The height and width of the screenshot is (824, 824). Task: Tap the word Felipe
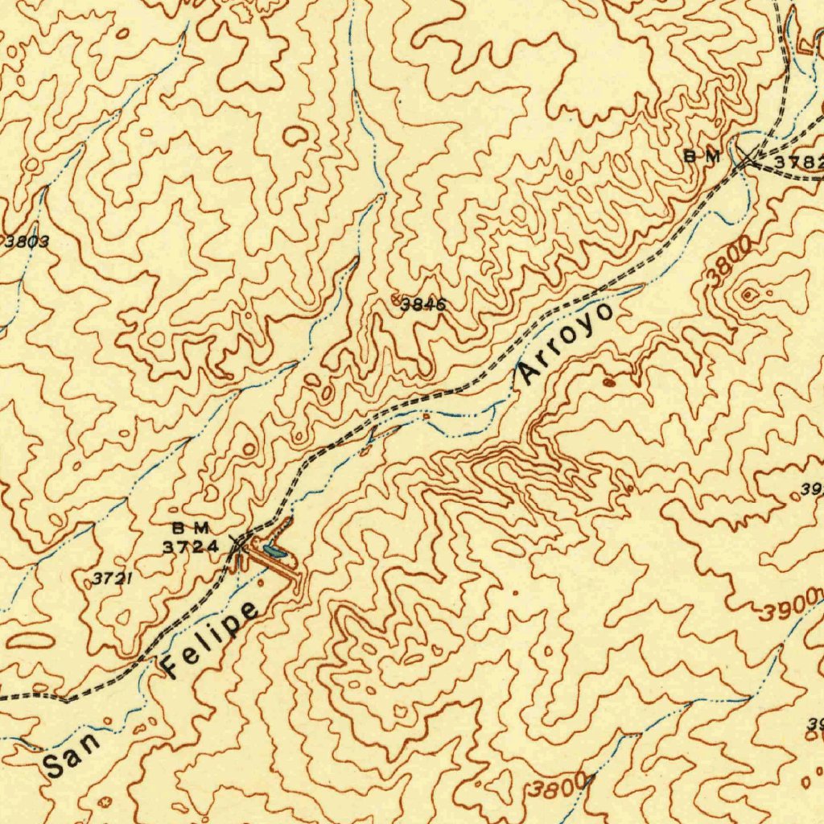(212, 638)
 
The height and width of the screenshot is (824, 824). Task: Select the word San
(74, 753)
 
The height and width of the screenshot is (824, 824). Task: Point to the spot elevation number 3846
(423, 304)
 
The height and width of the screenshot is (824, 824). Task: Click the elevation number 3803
(27, 241)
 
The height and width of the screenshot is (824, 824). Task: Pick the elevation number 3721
(111, 578)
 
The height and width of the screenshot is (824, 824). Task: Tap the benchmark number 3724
(191, 547)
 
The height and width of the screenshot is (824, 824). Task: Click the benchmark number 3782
(799, 163)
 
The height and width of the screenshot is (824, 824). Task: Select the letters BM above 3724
(191, 529)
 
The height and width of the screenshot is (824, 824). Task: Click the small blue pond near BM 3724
(274, 552)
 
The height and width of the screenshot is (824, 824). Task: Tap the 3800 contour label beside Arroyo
(729, 260)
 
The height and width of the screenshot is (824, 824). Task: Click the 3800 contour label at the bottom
(560, 788)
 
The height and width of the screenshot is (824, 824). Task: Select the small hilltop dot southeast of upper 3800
(749, 296)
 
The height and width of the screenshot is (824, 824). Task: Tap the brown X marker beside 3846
(395, 299)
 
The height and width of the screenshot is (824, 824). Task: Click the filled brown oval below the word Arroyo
(609, 382)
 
